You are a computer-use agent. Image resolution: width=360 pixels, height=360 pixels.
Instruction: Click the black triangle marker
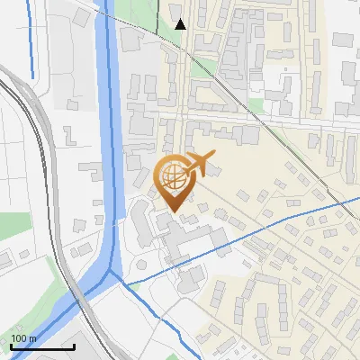pyautogui.click(x=181, y=24)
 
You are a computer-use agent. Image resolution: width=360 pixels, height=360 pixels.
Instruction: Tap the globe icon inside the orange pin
pyautogui.click(x=173, y=175)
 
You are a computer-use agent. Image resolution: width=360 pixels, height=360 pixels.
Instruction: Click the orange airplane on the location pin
pyautogui.click(x=200, y=165)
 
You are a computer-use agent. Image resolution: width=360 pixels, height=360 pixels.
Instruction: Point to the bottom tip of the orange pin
pyautogui.click(x=173, y=212)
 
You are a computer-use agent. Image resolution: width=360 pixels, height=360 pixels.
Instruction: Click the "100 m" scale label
pyautogui.click(x=24, y=338)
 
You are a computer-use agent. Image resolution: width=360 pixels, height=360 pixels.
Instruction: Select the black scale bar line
pyautogui.click(x=42, y=346)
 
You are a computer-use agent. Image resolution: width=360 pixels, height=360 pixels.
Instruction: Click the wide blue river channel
pyautogui.click(x=110, y=135)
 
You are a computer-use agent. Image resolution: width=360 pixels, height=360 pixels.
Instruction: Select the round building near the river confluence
pyautogui.click(x=140, y=265)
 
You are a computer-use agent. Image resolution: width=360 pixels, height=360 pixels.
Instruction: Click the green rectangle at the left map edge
pyautogui.click(x=13, y=225)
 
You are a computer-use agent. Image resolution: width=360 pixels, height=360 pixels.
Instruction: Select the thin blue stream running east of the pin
pyautogui.click(x=270, y=221)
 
